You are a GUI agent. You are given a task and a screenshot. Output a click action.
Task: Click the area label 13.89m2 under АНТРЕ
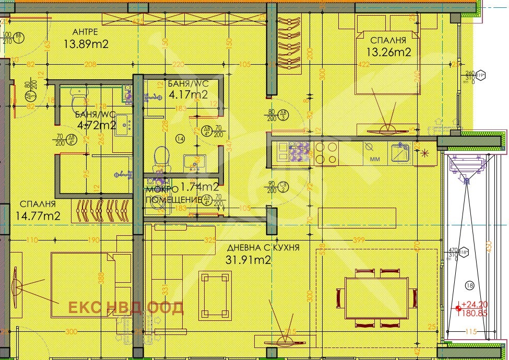pyautogui.click(x=86, y=44)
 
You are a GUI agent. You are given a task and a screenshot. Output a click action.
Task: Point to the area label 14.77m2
pyautogui.click(x=38, y=215)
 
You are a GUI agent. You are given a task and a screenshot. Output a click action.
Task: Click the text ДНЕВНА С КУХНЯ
pyautogui.click(x=263, y=248)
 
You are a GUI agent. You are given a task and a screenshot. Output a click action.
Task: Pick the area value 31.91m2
pyautogui.click(x=248, y=260)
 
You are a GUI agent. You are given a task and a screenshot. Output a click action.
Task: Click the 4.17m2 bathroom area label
pyautogui.click(x=188, y=94)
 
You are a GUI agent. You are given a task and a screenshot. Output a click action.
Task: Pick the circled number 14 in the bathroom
pyautogui.click(x=180, y=138)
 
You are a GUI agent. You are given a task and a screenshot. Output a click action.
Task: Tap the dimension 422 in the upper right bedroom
pyautogui.click(x=363, y=65)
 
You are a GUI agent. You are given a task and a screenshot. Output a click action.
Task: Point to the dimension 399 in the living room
pyautogui.click(x=359, y=240)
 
